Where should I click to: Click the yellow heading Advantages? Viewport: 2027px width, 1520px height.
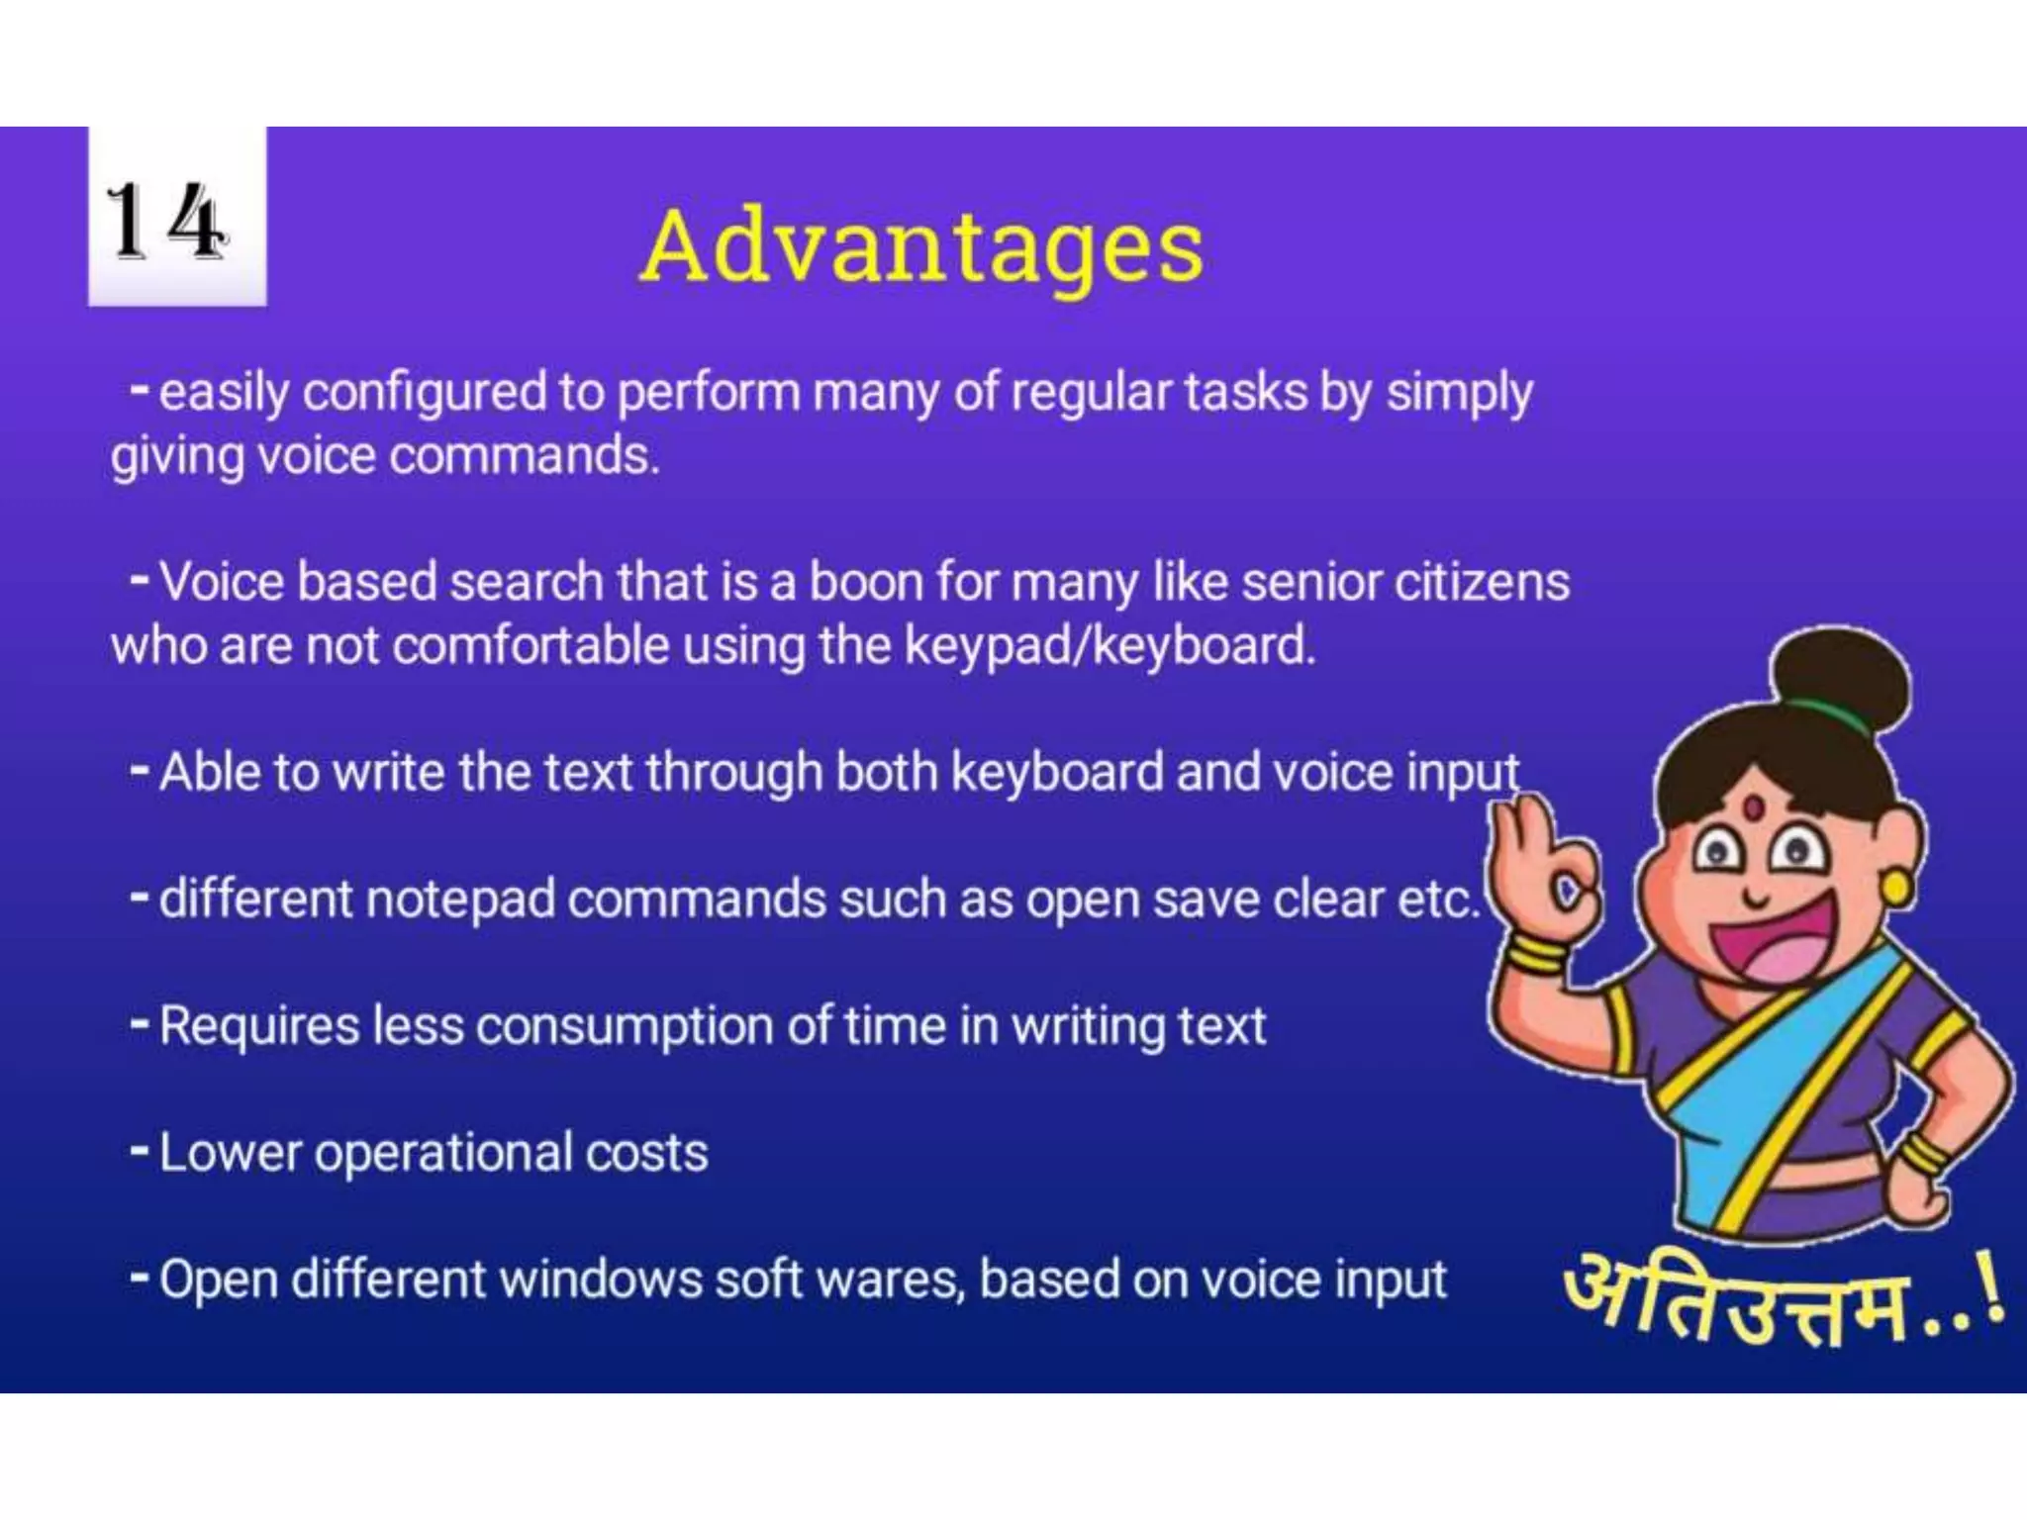tap(921, 246)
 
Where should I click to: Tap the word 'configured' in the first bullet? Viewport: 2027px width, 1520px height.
tap(424, 393)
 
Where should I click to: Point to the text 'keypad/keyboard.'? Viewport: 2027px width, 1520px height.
tap(1110, 646)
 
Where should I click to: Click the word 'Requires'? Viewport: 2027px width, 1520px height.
tap(259, 1026)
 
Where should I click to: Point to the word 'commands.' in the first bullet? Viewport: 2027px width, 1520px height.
tap(524, 457)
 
